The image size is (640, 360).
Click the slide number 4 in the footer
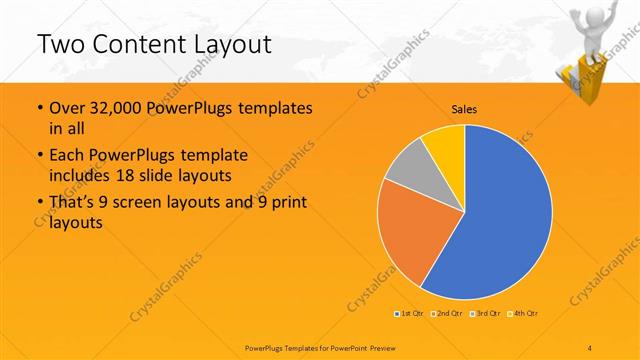[591, 346]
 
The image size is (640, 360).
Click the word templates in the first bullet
[270, 108]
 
